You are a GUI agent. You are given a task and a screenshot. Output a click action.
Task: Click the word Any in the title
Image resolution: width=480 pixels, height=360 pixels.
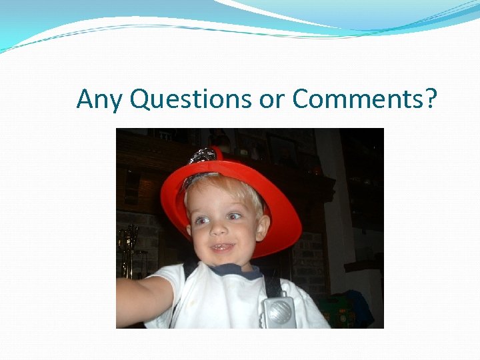100,99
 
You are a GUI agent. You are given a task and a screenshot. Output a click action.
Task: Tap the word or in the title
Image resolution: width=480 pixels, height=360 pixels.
271,99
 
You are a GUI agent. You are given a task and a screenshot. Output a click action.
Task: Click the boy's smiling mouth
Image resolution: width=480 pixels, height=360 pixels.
222,248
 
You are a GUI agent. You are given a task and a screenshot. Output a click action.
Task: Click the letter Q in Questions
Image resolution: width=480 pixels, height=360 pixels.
141,99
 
